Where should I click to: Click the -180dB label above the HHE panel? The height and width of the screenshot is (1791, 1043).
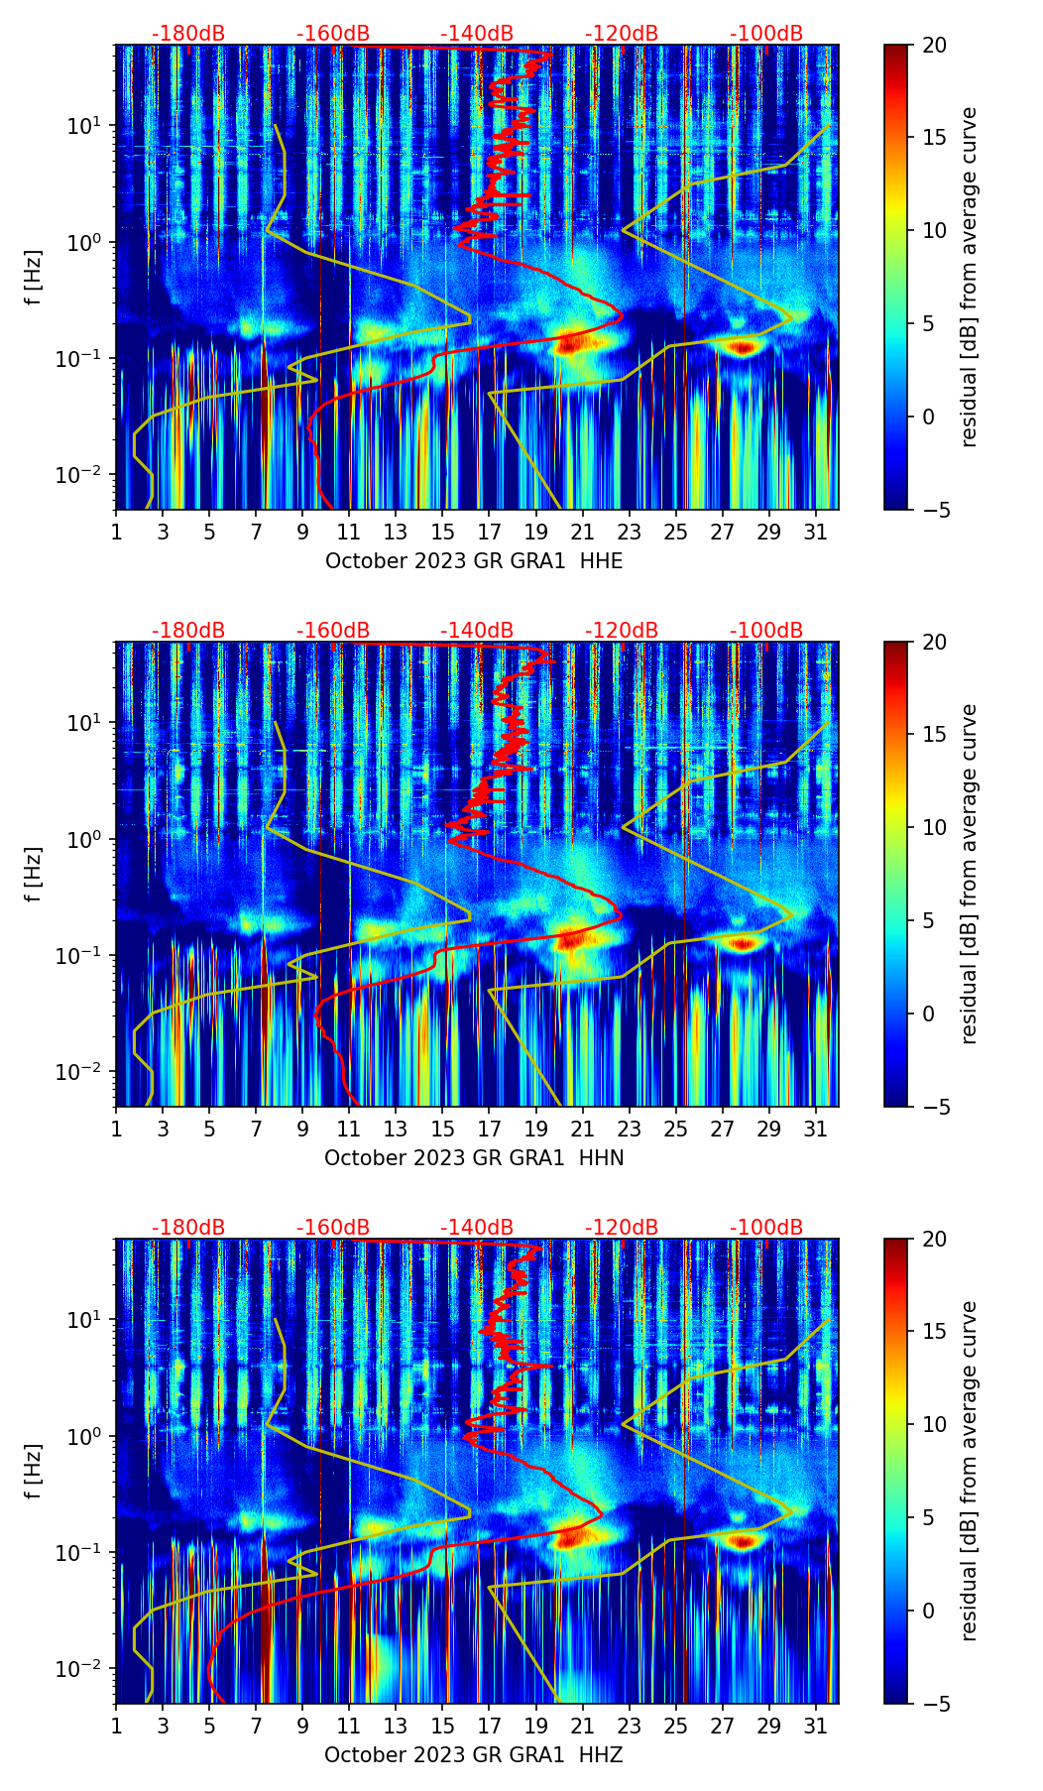point(188,34)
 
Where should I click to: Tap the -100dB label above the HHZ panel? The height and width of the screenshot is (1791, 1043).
point(766,1228)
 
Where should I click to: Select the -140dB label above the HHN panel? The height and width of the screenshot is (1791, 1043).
point(477,631)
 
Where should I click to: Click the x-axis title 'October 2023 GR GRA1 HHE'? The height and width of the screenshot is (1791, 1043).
point(474,561)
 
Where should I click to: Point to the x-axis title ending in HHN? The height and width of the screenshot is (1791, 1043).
point(474,1158)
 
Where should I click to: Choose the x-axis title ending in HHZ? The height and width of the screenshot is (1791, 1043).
point(474,1755)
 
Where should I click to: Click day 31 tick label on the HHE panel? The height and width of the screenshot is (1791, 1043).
point(816,533)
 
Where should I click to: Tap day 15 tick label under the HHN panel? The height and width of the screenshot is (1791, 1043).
point(443,1130)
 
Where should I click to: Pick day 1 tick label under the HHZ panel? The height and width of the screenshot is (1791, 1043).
point(116,1727)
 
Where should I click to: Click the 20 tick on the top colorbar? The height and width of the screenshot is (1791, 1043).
point(934,46)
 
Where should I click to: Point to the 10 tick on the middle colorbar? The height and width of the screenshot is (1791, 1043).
point(934,827)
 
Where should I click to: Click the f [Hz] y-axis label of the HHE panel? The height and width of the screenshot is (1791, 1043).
point(34,278)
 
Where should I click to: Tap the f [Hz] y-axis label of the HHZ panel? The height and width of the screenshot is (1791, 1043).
point(34,1472)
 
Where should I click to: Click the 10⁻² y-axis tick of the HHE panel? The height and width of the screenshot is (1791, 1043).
point(83,476)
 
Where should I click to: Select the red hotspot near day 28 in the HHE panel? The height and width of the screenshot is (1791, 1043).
point(743,347)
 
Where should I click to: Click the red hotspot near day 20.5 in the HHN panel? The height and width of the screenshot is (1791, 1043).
point(572,939)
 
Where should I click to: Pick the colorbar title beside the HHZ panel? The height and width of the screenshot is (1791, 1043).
point(970,1471)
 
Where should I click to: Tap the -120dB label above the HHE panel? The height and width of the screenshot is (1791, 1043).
point(622,34)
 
